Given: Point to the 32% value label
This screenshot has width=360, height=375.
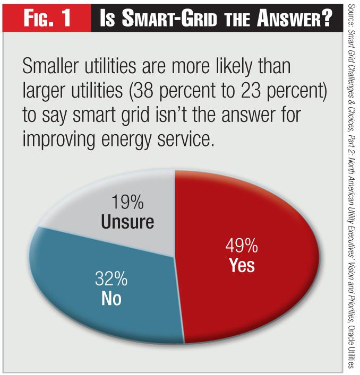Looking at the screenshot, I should coord(111,279).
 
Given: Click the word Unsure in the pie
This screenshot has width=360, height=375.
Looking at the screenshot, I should coord(128,221).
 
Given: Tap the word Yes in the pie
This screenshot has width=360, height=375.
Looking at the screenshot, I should coord(242,265).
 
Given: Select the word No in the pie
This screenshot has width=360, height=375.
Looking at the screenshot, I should coord(111,299).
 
